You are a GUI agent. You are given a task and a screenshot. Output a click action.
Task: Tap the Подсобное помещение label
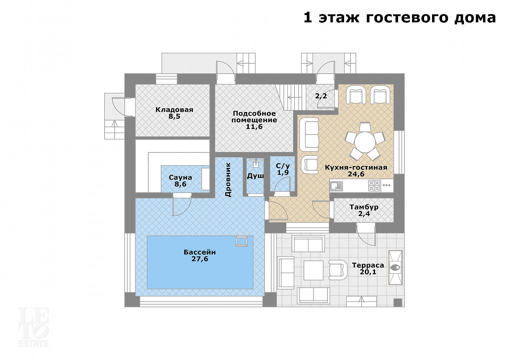coord(254,120)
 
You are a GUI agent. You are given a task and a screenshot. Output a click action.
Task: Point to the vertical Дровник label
coord(228,180)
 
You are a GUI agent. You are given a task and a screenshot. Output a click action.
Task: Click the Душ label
coord(255,176)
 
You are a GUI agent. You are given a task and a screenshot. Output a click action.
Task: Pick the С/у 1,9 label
coord(283,169)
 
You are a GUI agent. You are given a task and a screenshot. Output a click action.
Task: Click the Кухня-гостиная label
coord(356,168)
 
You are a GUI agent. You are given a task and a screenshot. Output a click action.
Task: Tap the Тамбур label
coord(364,207)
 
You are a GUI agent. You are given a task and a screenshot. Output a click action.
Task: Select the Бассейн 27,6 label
coord(200,255)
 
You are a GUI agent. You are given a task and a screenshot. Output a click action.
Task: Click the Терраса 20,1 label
coord(368,268)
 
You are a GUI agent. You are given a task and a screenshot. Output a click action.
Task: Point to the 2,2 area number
coord(321,96)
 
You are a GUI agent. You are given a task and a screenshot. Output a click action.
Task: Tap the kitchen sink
coord(336,186)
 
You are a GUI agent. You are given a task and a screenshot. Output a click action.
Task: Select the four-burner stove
coord(374,185)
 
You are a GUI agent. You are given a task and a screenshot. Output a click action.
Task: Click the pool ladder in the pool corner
coord(242,241)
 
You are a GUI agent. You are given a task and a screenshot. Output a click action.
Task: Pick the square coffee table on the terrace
coord(313,270)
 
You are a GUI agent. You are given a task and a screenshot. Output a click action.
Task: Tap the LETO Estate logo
coord(33,327)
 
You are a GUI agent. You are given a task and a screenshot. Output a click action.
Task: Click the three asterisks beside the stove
coord(386,185)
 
